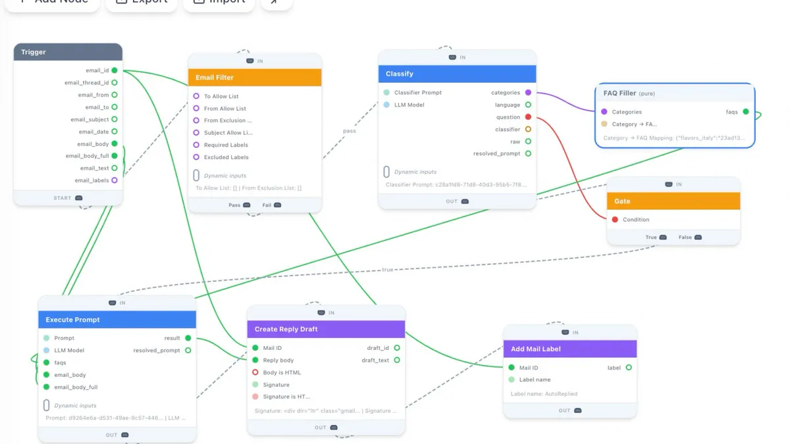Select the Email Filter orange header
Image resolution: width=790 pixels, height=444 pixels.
click(x=255, y=78)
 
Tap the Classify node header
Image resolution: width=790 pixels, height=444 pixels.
click(x=457, y=74)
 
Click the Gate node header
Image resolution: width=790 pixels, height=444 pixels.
click(x=673, y=201)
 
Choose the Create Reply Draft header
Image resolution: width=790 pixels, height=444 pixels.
click(x=326, y=329)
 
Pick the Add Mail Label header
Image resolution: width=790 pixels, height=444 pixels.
click(x=570, y=349)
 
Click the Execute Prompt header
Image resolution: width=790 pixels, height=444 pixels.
click(x=117, y=320)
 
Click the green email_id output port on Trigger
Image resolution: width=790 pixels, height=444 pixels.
click(x=115, y=70)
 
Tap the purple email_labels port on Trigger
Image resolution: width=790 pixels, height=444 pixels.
click(x=115, y=180)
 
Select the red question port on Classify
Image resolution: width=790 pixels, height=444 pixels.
click(x=528, y=117)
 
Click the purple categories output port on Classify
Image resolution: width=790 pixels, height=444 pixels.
click(x=528, y=93)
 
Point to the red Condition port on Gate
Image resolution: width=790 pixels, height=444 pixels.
click(x=615, y=220)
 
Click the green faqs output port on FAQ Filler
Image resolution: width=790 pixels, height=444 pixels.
click(x=746, y=112)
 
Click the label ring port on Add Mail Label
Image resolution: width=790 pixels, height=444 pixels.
click(x=629, y=368)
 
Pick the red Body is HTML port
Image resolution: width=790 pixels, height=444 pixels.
click(x=255, y=372)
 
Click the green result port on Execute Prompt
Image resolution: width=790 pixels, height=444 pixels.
click(x=188, y=338)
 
